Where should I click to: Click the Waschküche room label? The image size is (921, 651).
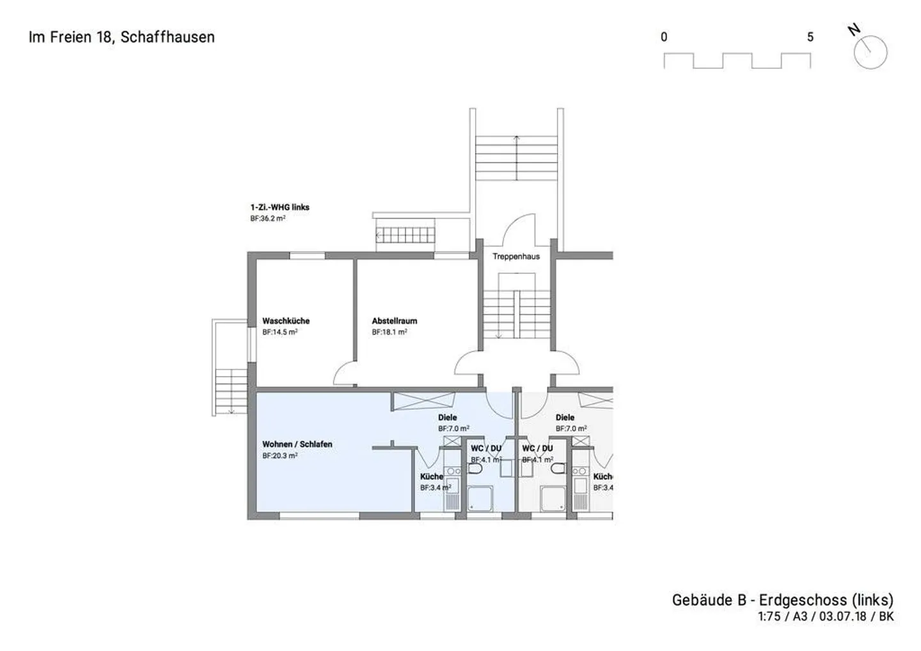pos(286,321)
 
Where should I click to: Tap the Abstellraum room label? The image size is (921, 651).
pos(394,321)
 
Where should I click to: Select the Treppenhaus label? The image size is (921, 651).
pos(516,256)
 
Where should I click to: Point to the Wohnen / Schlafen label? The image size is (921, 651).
pos(297,444)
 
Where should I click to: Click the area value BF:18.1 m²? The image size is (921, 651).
pos(390,332)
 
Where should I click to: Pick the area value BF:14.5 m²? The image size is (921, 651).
pos(279,332)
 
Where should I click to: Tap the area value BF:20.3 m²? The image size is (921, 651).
pos(279,455)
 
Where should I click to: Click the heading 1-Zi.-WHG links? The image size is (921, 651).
pos(279,208)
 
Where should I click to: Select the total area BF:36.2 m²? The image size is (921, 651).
pos(267,219)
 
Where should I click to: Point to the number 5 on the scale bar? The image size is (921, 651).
pos(810,37)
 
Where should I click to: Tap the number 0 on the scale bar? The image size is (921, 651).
pos(664,37)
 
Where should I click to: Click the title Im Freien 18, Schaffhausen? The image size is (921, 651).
pos(122,37)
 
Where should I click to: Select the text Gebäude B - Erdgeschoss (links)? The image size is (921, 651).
pos(783,600)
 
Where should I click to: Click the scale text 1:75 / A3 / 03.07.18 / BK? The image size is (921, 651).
pos(826,616)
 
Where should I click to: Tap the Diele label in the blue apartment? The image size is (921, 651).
pos(447,418)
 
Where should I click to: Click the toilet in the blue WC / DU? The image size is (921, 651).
pos(475,469)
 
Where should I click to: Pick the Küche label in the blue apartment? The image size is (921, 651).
pos(432,477)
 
